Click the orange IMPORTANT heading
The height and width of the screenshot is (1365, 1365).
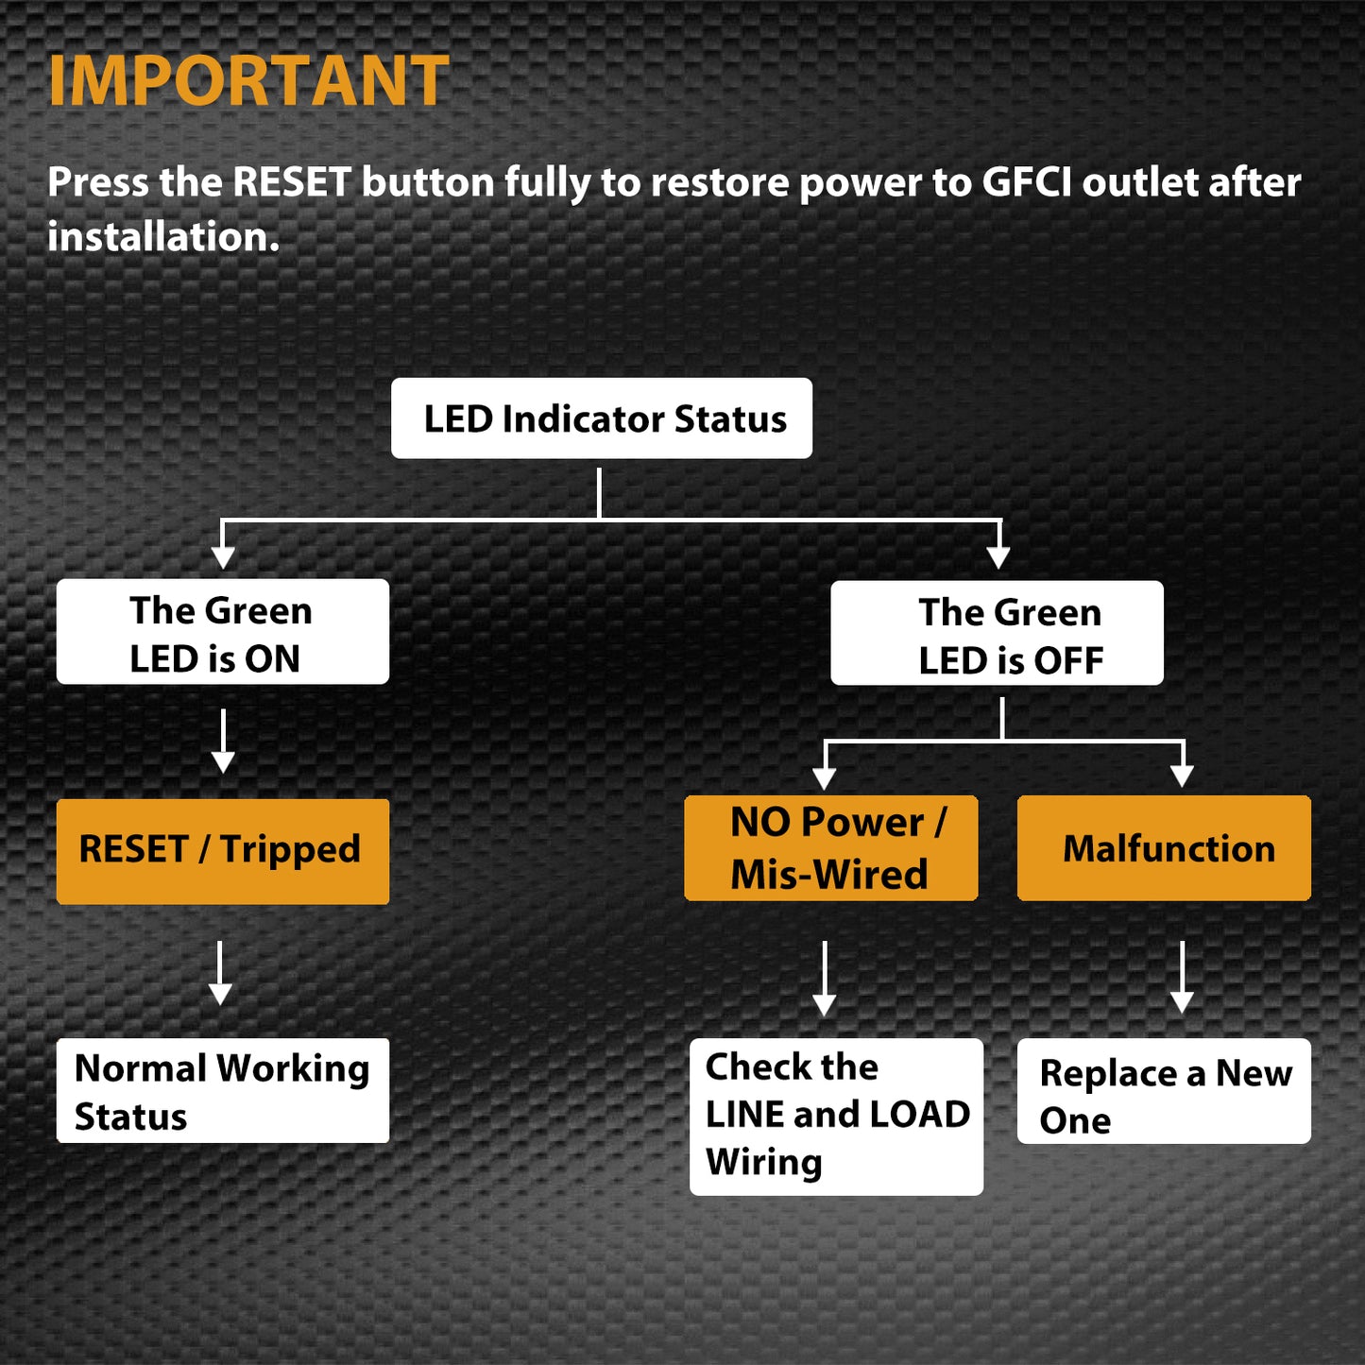[248, 81]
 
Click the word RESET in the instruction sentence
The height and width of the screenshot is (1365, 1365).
[292, 182]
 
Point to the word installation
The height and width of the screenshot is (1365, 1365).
[162, 237]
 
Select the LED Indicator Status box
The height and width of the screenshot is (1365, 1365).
[602, 418]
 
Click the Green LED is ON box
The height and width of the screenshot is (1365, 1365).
[223, 632]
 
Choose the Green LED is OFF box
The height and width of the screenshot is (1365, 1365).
[997, 633]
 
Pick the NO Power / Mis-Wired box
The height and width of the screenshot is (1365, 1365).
[830, 848]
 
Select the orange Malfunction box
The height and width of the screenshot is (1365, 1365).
[1164, 848]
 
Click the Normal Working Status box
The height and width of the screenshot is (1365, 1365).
[223, 1091]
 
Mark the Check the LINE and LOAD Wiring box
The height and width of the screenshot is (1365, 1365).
[836, 1117]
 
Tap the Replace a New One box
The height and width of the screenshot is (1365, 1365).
[1164, 1092]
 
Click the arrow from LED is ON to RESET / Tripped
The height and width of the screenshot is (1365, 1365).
[223, 742]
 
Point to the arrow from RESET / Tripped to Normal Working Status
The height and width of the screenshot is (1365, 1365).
[221, 973]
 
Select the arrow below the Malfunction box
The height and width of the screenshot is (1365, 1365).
[1182, 978]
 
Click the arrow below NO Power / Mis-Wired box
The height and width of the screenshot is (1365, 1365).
[825, 979]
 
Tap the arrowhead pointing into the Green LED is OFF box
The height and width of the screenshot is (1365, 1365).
[998, 556]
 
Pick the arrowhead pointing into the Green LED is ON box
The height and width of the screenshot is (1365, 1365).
[223, 556]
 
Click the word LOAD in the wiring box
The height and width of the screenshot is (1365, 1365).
[919, 1115]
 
